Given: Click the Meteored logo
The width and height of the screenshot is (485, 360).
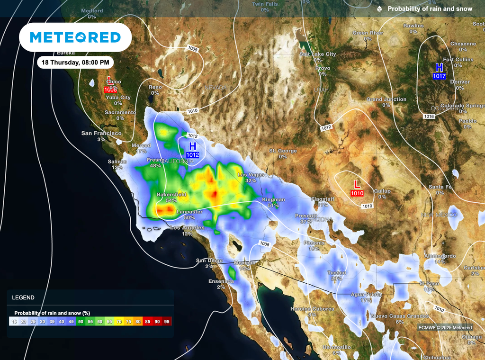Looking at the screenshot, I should (75, 37).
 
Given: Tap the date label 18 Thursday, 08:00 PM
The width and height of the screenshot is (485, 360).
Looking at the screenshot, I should (75, 62).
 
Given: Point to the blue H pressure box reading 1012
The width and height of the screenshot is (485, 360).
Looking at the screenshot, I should (192, 155).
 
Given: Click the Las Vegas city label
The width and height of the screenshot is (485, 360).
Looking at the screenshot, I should (251, 175).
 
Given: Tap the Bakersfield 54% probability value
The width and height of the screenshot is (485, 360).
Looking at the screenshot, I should (171, 200).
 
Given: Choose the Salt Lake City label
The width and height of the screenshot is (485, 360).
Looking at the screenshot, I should (317, 54).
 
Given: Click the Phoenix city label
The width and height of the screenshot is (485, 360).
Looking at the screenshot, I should (314, 243).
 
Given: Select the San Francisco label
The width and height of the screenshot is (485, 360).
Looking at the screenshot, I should (101, 133).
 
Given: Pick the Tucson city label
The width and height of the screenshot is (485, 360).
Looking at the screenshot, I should (336, 273).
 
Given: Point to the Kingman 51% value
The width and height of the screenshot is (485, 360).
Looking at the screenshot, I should (273, 206).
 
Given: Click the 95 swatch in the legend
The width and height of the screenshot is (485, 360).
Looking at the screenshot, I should (167, 322).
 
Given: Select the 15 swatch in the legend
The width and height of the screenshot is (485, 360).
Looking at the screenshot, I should (14, 322).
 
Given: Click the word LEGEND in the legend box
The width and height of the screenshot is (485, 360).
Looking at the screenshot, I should (23, 297).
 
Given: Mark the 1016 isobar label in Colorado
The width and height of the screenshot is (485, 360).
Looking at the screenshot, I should (429, 116).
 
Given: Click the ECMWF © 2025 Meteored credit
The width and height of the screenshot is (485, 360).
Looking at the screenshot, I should (445, 327).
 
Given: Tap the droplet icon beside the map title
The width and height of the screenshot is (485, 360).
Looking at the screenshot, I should (379, 9).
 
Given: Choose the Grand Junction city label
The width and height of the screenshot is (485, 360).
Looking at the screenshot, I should (386, 99).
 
